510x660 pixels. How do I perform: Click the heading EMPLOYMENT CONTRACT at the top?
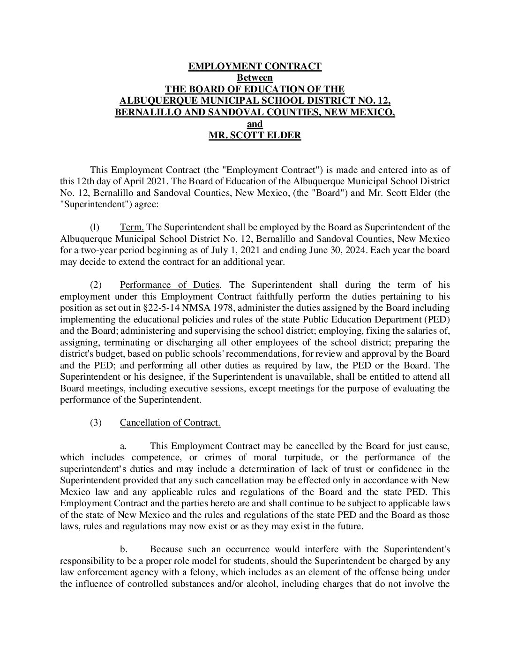pyautogui.click(x=255, y=66)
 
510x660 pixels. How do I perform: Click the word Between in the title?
pyautogui.click(x=255, y=78)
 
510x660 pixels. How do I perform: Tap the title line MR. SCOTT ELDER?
pyautogui.click(x=255, y=136)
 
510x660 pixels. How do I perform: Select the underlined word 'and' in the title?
pyautogui.click(x=255, y=124)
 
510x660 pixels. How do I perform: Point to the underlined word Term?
pyautogui.click(x=132, y=227)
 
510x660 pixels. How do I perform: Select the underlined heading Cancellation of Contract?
pyautogui.click(x=170, y=423)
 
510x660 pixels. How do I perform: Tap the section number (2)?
pyautogui.click(x=95, y=285)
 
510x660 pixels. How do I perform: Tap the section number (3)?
pyautogui.click(x=95, y=423)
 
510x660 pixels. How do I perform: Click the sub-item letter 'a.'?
pyautogui.click(x=124, y=446)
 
